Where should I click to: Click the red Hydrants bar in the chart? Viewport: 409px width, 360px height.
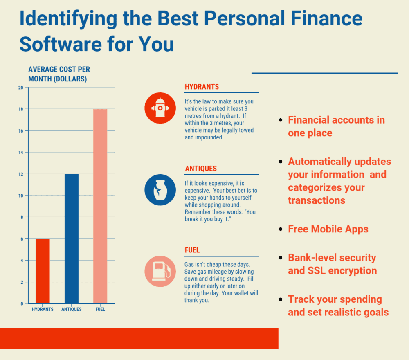click(43, 271)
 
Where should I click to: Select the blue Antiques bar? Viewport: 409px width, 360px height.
click(72, 239)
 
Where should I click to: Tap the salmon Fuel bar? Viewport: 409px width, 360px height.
click(100, 206)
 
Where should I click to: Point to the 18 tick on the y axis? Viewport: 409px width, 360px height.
click(20, 109)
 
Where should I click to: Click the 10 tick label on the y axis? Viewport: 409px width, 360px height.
click(20, 196)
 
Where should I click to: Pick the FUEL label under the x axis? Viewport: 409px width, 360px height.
click(100, 309)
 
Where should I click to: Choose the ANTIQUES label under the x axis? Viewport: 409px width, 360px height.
click(72, 309)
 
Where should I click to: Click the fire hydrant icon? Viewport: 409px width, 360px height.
click(160, 108)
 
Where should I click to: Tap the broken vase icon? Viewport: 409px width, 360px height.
click(160, 190)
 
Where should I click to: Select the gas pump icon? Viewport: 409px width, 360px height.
click(160, 271)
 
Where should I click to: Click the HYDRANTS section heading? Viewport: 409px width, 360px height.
click(202, 87)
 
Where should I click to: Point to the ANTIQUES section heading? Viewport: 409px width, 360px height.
click(201, 169)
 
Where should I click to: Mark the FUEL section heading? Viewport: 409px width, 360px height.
click(192, 250)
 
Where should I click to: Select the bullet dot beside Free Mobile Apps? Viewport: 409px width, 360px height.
click(281, 229)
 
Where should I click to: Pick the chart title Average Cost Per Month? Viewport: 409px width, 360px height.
click(59, 74)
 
